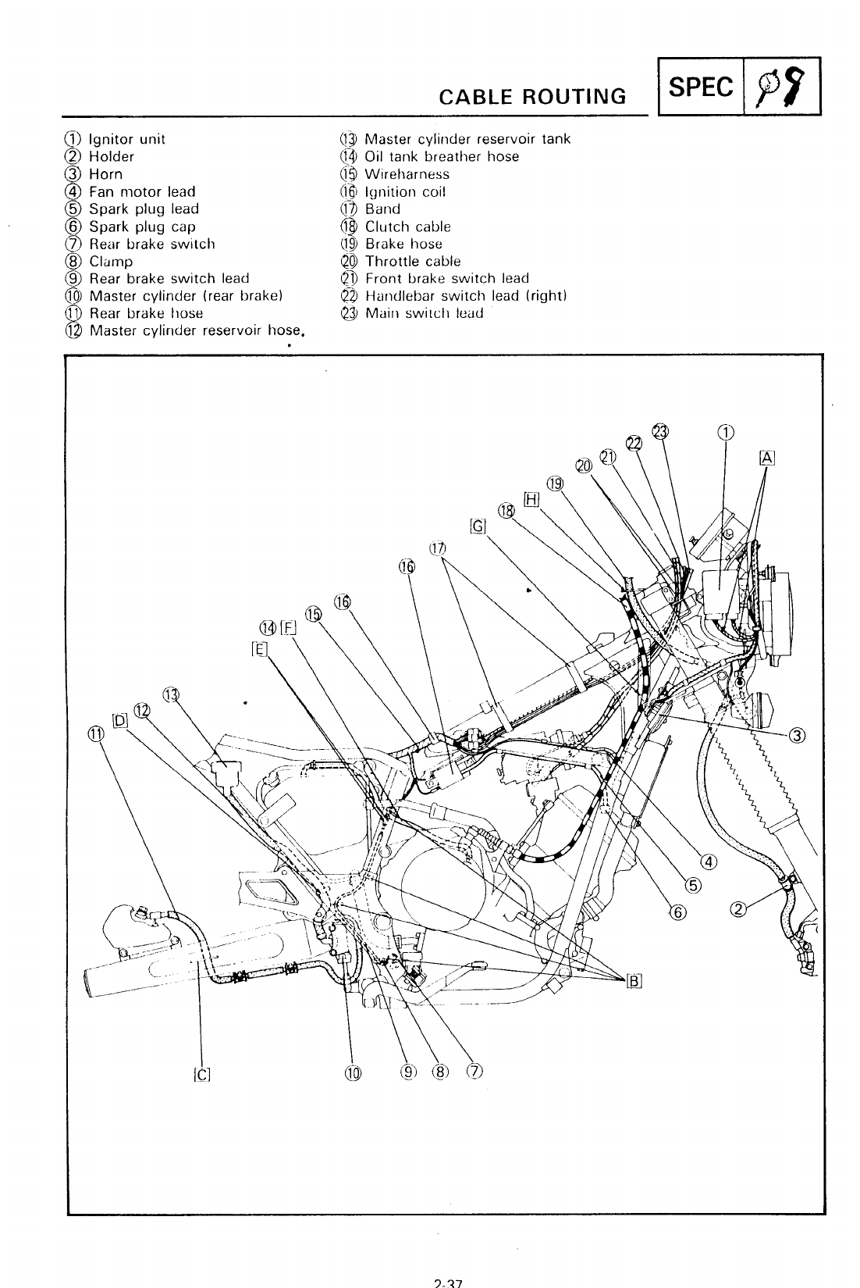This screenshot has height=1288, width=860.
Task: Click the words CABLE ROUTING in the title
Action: (532, 96)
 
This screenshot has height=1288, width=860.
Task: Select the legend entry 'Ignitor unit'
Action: (126, 140)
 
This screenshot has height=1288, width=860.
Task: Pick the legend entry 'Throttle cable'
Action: (412, 262)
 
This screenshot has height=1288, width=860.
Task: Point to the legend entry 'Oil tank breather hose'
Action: (441, 157)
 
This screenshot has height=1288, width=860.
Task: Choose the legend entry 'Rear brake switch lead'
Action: (169, 279)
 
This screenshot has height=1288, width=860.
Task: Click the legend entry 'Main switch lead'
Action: (424, 313)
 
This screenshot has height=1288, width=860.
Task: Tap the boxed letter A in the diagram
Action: (766, 458)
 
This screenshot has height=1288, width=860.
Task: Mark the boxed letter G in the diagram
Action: (478, 526)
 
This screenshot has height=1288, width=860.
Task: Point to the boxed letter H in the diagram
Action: (531, 500)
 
